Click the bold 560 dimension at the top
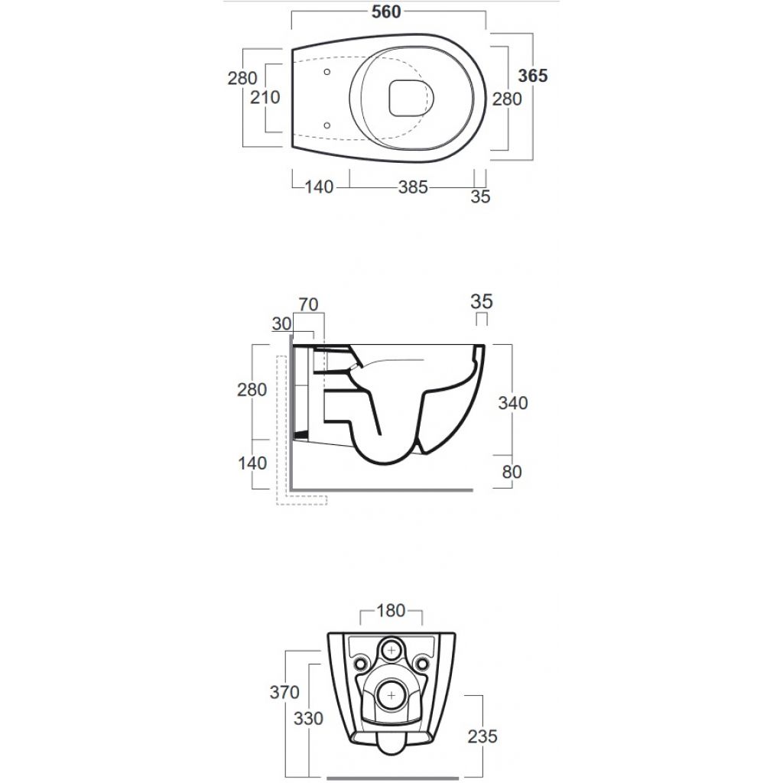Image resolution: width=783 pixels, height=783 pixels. pos(386,11)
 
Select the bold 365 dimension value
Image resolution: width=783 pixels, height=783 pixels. pos(533,76)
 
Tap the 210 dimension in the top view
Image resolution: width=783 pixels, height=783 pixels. pos(265,97)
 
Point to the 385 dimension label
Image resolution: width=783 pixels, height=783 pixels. pos(413,187)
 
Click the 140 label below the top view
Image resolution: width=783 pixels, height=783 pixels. pos(319,187)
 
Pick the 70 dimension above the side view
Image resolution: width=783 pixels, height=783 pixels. pos(308,304)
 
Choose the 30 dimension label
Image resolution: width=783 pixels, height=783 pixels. pos(281,323)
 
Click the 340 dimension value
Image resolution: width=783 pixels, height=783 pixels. pos(513,402)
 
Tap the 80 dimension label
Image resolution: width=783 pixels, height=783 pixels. pos(512,471)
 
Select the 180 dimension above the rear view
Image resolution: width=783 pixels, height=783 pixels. pos(391,610)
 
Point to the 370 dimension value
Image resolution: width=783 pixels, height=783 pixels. pos(284,692)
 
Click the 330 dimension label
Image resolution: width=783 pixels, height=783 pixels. pos(308,719)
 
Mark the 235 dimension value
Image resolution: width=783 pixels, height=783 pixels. pos(482,736)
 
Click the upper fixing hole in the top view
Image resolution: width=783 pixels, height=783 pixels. pos(327,72)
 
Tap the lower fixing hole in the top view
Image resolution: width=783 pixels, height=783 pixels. pos(327,125)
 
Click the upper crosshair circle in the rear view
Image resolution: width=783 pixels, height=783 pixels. pos(391,650)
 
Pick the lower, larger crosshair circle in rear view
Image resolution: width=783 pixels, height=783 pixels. pos(391,695)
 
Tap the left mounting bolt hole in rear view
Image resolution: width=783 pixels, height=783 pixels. pos(361,664)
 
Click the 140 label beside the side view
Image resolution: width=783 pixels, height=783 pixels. pos(252,463)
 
